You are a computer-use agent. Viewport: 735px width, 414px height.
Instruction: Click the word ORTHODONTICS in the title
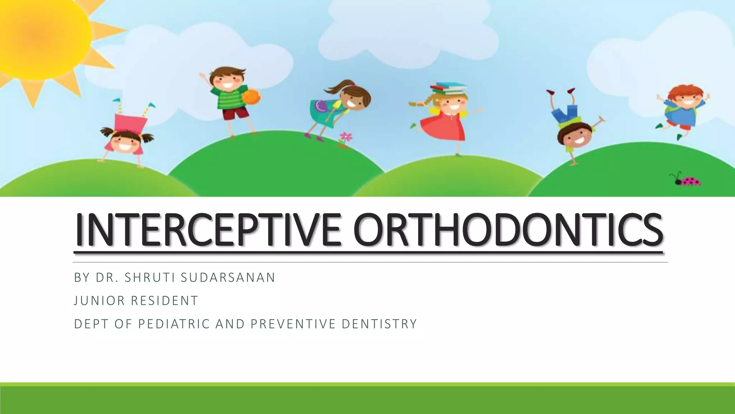pyautogui.click(x=508, y=230)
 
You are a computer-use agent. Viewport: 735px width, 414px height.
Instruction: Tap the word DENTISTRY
pyautogui.click(x=379, y=324)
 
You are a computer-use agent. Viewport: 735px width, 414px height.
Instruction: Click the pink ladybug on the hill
pyautogui.click(x=689, y=181)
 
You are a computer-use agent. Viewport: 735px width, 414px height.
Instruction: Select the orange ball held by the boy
pyautogui.click(x=251, y=97)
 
